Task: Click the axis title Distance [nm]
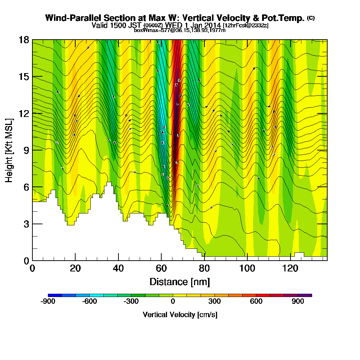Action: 180,282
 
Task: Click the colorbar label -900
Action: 48,302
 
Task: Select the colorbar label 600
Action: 256,302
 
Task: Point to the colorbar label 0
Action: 173,302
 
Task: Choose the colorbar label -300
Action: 131,302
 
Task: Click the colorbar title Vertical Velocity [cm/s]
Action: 180,315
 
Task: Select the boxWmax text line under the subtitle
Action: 180,30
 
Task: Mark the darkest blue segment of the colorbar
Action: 55,295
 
